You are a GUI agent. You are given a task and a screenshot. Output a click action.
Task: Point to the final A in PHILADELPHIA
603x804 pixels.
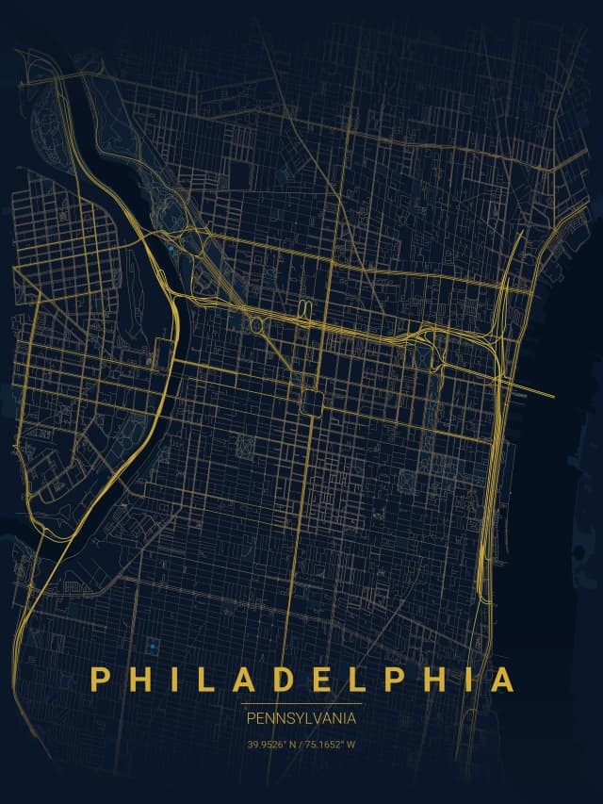(502, 680)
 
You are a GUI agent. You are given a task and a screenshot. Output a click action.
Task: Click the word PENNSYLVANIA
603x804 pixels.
(301, 718)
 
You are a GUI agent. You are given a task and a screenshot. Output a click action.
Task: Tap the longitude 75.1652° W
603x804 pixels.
(331, 745)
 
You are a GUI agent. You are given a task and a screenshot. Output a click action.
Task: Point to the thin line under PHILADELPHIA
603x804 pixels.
(301, 703)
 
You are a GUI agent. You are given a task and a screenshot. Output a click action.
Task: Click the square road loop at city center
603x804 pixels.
(312, 402)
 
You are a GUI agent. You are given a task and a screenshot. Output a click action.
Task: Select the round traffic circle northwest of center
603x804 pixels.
(256, 324)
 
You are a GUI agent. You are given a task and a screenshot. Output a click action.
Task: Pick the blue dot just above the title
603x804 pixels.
(151, 646)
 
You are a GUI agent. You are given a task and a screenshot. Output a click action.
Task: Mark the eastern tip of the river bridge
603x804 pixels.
(553, 395)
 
